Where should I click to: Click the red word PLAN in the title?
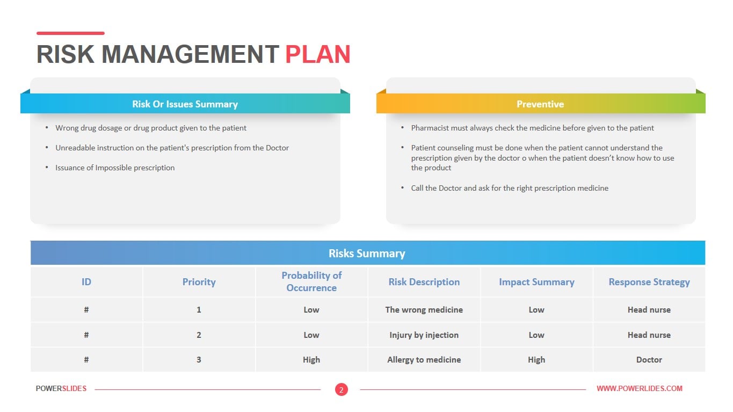point(318,54)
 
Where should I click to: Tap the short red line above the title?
point(70,33)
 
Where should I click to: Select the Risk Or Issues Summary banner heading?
point(185,104)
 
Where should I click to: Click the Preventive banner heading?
point(540,104)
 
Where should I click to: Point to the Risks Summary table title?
point(367,254)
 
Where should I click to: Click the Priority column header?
point(199,282)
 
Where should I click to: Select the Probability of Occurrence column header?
point(311,281)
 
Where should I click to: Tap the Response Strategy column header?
point(649,282)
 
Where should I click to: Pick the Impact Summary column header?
point(536,282)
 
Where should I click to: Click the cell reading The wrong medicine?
point(424,309)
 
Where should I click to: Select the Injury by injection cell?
point(424,335)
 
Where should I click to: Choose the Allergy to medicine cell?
point(424,360)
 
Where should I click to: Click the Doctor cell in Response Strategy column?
point(649,360)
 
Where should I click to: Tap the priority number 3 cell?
point(199,360)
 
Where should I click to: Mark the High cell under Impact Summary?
point(536,360)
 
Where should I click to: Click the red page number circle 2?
point(342,389)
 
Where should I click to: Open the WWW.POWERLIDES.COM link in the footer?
point(640,388)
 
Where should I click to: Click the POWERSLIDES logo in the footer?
point(61,388)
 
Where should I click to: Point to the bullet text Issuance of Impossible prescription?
point(115,168)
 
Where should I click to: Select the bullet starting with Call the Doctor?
point(510,188)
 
